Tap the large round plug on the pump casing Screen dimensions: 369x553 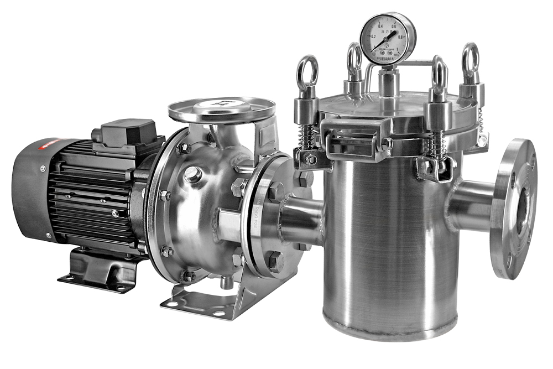192,175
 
